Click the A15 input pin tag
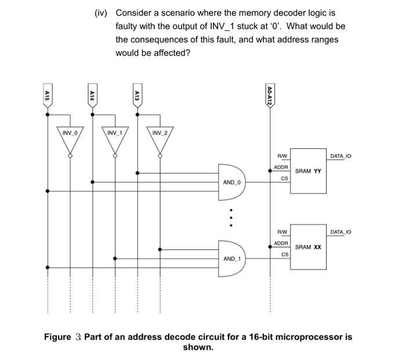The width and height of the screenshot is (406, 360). point(47,95)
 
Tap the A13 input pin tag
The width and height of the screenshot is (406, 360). point(137,95)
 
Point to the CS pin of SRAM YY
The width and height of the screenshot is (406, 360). point(284,179)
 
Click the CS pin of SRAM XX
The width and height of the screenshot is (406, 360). point(284,254)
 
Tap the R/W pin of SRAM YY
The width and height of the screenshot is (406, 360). point(282,156)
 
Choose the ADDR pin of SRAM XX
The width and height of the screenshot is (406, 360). point(281,243)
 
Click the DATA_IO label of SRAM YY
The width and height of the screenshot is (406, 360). point(341,156)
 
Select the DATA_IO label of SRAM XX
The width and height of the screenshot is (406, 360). point(341,232)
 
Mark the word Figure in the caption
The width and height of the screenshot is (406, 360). point(57,337)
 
